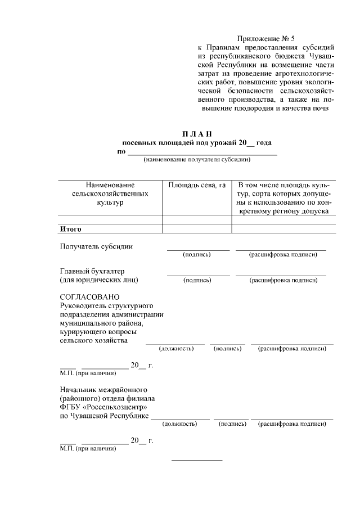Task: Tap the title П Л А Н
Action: pos(197,134)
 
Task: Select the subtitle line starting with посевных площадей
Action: pos(197,143)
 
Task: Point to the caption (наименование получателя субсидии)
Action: pos(197,159)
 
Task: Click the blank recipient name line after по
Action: pos(202,152)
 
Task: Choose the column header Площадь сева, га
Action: pos(197,185)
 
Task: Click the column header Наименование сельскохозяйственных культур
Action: pos(110,193)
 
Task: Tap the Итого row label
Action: pos(71,229)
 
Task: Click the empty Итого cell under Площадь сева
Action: pos(197,229)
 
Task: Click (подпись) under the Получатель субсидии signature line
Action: pos(197,255)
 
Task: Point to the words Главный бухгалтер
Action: pos(92,271)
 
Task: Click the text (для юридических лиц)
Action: pos(99,280)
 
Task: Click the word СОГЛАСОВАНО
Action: pos(89,296)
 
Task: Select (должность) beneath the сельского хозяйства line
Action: pos(176,349)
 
